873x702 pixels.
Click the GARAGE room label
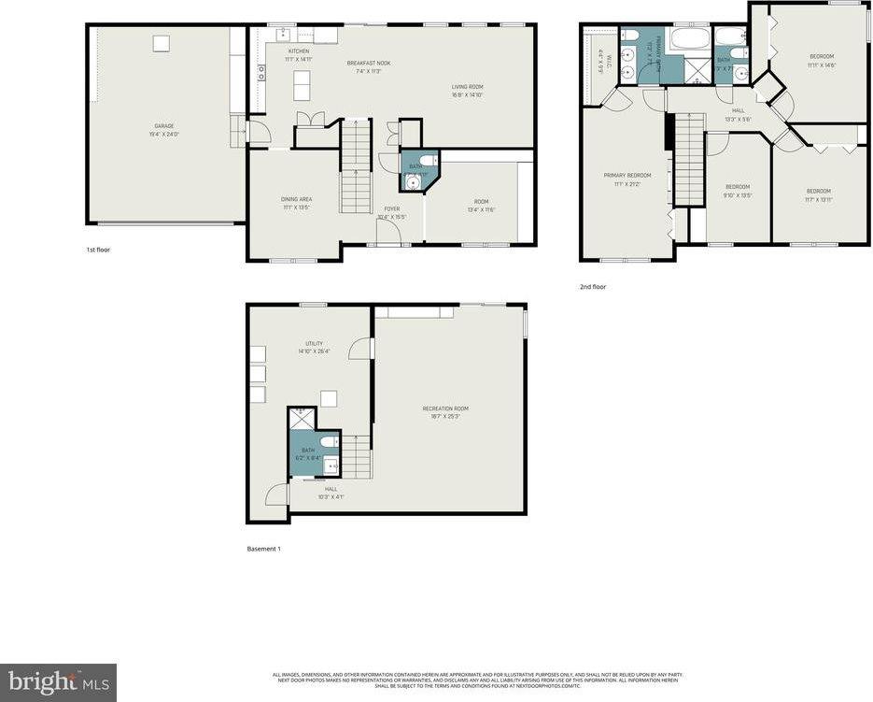click(164, 125)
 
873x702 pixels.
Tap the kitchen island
click(301, 86)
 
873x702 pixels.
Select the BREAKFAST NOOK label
click(369, 63)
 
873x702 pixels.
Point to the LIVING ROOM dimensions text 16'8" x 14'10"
click(468, 94)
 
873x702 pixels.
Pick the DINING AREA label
click(296, 198)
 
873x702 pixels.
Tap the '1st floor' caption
click(97, 250)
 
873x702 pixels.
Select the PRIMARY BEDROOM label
click(627, 175)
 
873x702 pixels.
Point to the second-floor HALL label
click(738, 110)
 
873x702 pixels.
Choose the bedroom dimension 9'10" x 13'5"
click(739, 195)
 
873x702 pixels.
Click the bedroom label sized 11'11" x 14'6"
click(822, 56)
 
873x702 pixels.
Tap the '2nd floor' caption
click(593, 287)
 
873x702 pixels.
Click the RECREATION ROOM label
click(445, 408)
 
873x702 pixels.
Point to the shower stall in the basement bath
click(301, 419)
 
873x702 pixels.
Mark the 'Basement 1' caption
click(262, 549)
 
